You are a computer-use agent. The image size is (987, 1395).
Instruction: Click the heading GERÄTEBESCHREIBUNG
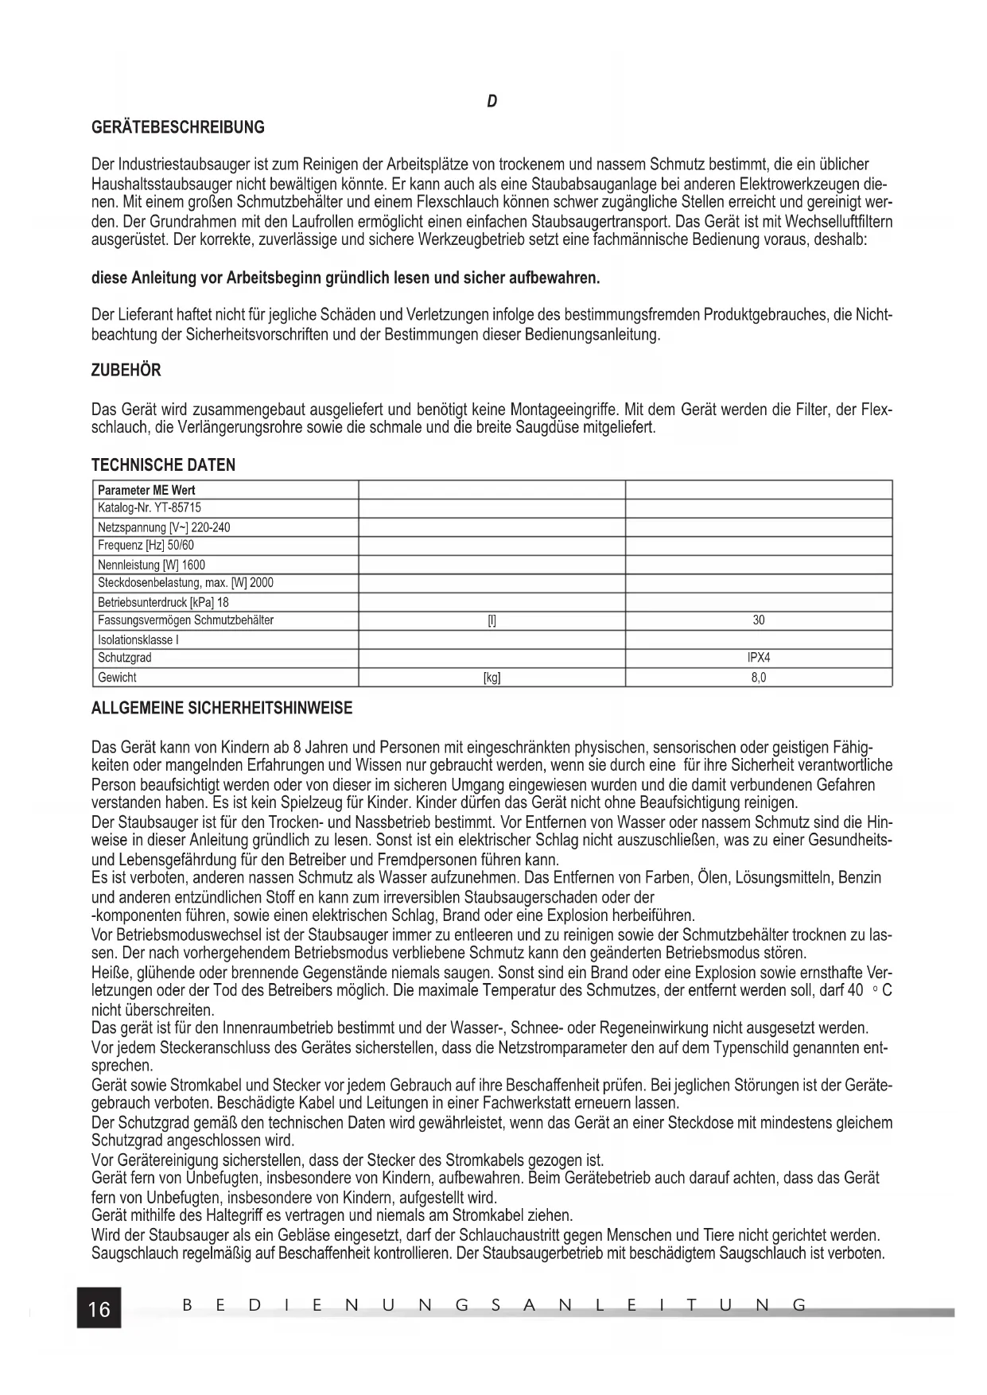coord(178,127)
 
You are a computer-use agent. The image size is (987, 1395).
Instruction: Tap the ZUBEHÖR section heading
coord(126,371)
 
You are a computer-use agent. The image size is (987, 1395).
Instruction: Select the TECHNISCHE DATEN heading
coord(163,465)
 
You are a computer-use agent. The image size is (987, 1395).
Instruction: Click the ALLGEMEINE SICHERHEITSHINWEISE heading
coord(222,708)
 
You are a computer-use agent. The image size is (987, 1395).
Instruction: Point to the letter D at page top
coord(492,102)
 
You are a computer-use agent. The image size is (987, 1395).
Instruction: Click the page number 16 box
coord(99,1308)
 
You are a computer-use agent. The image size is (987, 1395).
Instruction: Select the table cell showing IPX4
coord(758,658)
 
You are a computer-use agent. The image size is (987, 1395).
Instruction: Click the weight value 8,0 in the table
coord(758,678)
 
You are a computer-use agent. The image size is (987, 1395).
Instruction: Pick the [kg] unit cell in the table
coord(492,678)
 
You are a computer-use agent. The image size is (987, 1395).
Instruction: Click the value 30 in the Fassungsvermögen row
coord(758,620)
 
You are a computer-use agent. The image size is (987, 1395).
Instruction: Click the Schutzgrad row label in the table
coord(125,658)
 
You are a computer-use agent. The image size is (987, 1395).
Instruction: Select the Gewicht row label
coord(117,678)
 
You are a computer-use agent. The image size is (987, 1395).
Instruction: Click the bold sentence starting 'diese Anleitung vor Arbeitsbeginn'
coord(346,278)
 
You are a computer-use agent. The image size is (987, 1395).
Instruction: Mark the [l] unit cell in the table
coord(492,620)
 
